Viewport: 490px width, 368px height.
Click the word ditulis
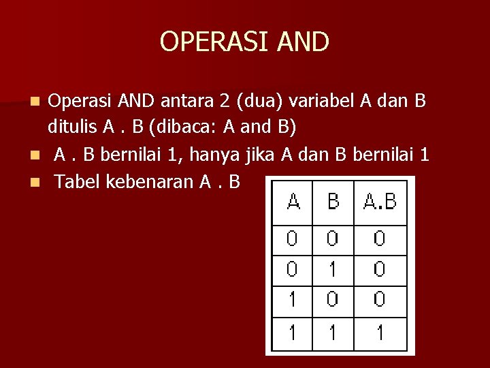(71, 127)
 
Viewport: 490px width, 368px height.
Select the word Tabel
(77, 182)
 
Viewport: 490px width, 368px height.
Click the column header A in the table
(293, 202)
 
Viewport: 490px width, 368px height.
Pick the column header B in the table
(333, 202)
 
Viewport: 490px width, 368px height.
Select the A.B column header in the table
(380, 202)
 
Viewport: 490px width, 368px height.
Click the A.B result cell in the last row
(380, 333)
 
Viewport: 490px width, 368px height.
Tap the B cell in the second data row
(333, 270)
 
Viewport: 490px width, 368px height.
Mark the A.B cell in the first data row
(380, 239)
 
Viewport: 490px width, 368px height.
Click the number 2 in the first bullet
(225, 101)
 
